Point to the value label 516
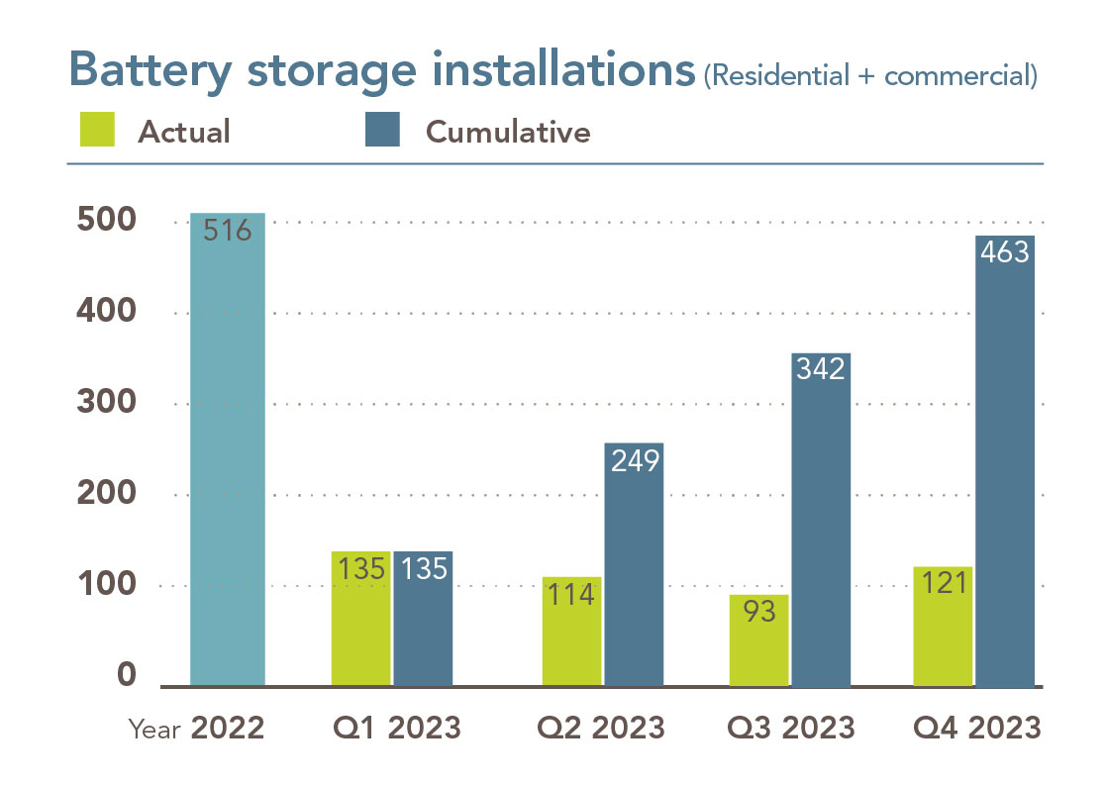[x=227, y=232]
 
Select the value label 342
[x=821, y=369]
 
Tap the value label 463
[x=1005, y=252]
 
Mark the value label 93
[x=759, y=612]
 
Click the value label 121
[x=943, y=584]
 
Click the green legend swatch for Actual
[x=97, y=129]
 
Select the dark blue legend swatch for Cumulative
[x=382, y=129]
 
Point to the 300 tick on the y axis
[x=106, y=404]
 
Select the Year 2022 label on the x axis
[x=197, y=729]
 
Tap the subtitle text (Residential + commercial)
[x=870, y=77]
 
